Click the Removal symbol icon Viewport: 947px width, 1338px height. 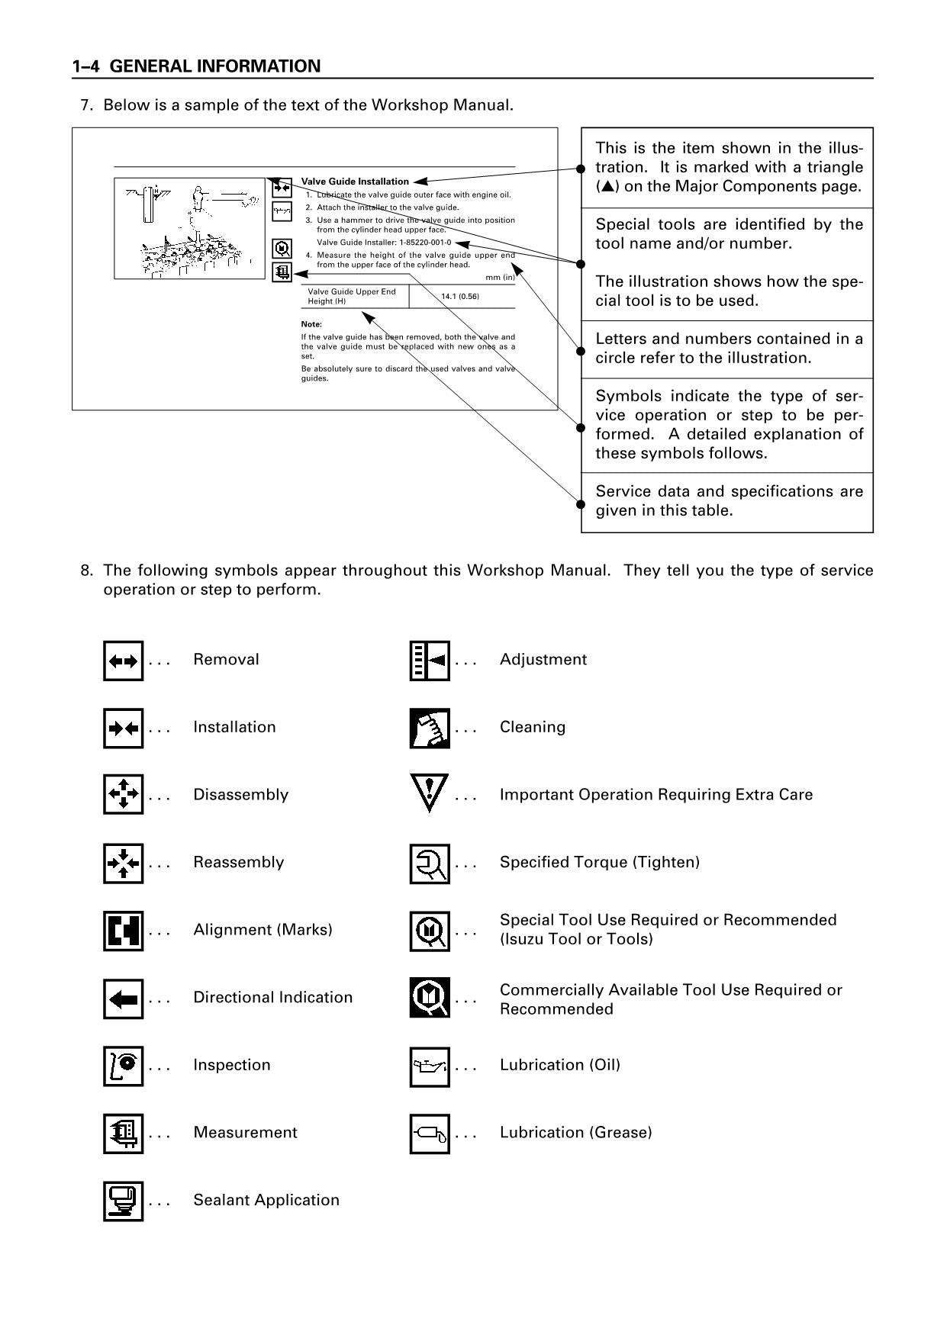pyautogui.click(x=124, y=661)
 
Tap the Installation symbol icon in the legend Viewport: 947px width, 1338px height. pyautogui.click(x=124, y=729)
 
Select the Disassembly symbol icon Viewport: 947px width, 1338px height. pyautogui.click(x=124, y=796)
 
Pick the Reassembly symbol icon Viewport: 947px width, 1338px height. pyautogui.click(x=124, y=864)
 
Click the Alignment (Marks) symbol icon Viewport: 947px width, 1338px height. pyautogui.click(x=124, y=931)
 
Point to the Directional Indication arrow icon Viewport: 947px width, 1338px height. pyautogui.click(x=124, y=999)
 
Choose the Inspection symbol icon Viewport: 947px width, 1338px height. pyautogui.click(x=124, y=1066)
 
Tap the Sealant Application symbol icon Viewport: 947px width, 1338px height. pyautogui.click(x=124, y=1201)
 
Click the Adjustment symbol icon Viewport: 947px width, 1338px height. pyautogui.click(x=430, y=661)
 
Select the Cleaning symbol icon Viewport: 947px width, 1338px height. pyautogui.click(x=430, y=729)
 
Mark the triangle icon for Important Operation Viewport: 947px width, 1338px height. pyautogui.click(x=430, y=793)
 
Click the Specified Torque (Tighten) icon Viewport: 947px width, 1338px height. pyautogui.click(x=430, y=864)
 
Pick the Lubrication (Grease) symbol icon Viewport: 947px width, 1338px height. pyautogui.click(x=430, y=1134)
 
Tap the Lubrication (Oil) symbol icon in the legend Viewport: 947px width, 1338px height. pyautogui.click(x=430, y=1066)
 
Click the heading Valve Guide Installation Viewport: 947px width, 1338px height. pyautogui.click(x=355, y=182)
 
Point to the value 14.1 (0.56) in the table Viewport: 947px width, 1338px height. pyautogui.click(x=460, y=296)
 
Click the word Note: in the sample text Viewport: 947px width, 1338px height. pyautogui.click(x=311, y=324)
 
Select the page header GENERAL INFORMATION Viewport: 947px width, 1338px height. pyautogui.click(x=215, y=66)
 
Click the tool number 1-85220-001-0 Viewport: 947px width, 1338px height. pyautogui.click(x=424, y=243)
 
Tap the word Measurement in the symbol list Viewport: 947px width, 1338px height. pyautogui.click(x=245, y=1133)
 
